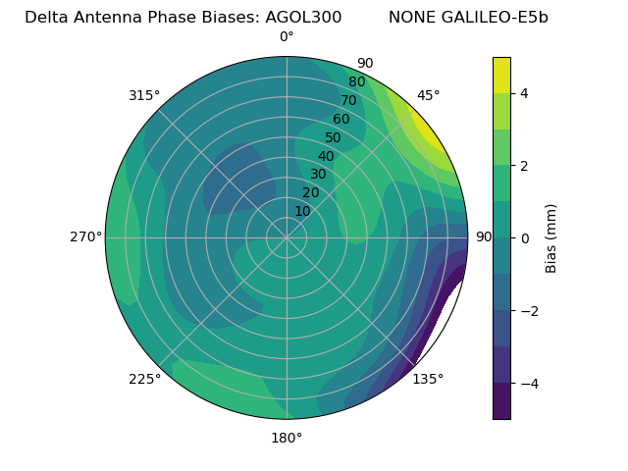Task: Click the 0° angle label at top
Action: click(287, 37)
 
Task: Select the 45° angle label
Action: click(428, 95)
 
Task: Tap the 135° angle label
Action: click(428, 380)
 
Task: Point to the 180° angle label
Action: click(287, 438)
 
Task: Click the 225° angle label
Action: click(144, 380)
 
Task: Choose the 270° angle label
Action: click(86, 237)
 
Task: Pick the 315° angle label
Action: click(144, 95)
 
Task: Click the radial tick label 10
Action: click(302, 211)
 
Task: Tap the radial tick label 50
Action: click(333, 137)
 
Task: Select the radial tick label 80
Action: click(356, 82)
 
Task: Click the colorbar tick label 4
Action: click(525, 93)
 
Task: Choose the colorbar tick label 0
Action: click(525, 237)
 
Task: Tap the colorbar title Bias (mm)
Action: click(551, 237)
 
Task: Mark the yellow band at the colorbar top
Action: click(501, 75)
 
